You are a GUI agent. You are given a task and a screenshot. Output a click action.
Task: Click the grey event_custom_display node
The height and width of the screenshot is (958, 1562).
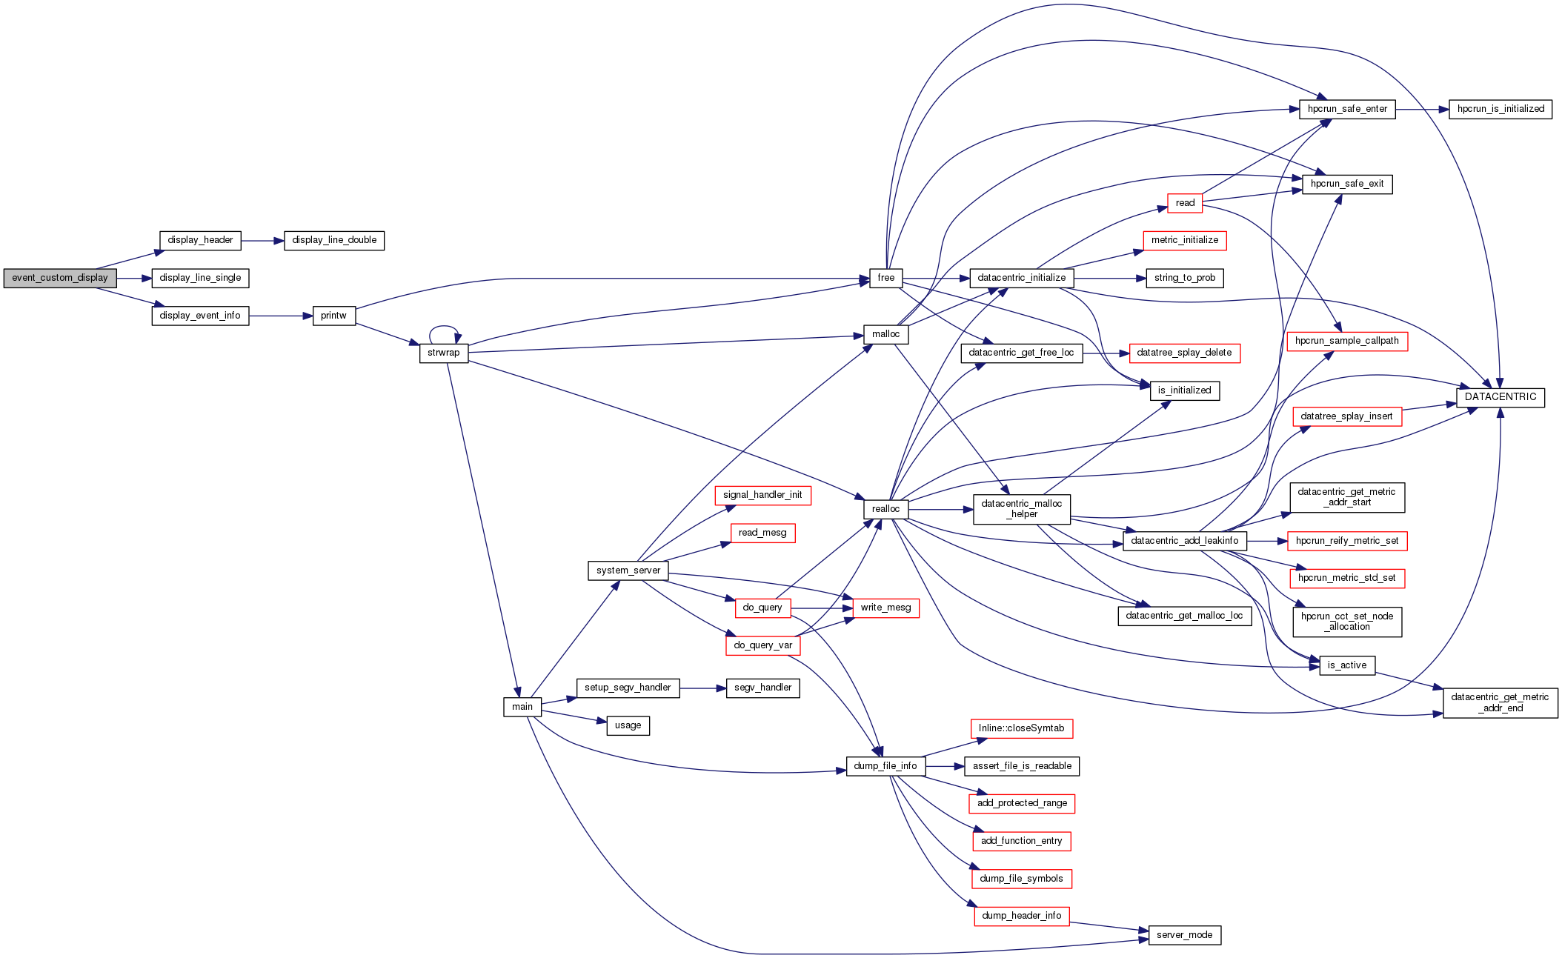click(x=60, y=278)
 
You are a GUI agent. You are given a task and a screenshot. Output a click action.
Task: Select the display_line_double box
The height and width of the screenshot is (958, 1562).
click(x=334, y=240)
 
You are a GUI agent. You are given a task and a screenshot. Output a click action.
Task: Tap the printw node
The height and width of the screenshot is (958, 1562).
click(x=333, y=316)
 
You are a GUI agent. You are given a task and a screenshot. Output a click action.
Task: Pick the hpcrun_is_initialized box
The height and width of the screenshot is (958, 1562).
click(x=1500, y=109)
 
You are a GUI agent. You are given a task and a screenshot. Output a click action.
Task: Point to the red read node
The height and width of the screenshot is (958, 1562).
click(x=1184, y=203)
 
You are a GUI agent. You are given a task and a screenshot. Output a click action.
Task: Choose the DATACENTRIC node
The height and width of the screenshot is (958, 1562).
click(x=1500, y=397)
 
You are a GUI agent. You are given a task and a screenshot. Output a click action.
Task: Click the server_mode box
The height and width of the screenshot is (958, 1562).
click(x=1184, y=935)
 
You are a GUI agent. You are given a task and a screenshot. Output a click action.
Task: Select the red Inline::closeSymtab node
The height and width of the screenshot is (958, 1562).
click(x=1021, y=728)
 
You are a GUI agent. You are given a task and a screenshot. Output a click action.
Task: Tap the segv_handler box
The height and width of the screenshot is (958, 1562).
click(x=762, y=688)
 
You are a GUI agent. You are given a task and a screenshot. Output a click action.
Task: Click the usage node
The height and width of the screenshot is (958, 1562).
click(x=628, y=725)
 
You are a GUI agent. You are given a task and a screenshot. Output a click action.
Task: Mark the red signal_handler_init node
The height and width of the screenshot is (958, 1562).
click(x=762, y=495)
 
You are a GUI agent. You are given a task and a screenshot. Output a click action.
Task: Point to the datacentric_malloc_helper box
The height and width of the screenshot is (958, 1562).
click(x=1021, y=509)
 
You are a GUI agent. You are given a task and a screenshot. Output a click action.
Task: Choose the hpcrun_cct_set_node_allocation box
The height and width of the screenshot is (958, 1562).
click(x=1346, y=622)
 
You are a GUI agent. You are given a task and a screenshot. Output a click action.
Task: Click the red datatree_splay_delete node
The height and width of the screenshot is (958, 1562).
click(x=1183, y=353)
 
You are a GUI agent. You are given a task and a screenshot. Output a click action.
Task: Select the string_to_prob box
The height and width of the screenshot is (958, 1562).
click(x=1184, y=278)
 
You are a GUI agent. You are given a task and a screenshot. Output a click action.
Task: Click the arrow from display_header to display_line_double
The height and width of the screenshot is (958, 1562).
click(x=262, y=241)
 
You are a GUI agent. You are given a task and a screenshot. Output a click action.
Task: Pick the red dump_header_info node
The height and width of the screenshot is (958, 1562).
click(x=1021, y=916)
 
